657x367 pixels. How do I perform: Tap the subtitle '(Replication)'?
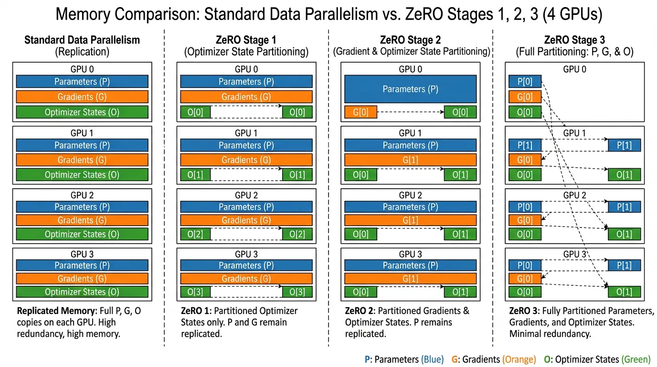click(x=82, y=52)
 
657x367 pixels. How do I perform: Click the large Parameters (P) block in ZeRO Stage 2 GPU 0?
click(x=410, y=89)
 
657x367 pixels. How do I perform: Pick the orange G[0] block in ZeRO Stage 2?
click(x=360, y=113)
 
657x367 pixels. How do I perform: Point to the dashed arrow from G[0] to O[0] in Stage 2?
click(x=410, y=113)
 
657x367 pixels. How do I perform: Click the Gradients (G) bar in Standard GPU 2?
click(x=82, y=220)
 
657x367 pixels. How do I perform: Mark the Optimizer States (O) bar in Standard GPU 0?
click(x=82, y=112)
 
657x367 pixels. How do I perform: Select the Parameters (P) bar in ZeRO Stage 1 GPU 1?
click(x=246, y=145)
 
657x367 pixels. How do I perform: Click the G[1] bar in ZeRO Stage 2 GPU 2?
click(x=410, y=220)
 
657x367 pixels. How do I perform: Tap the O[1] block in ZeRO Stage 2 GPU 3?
click(x=460, y=292)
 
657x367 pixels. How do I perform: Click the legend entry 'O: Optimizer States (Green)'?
click(x=597, y=359)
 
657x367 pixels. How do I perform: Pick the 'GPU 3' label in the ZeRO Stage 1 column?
click(x=246, y=254)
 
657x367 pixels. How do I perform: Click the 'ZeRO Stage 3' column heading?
click(x=574, y=40)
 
